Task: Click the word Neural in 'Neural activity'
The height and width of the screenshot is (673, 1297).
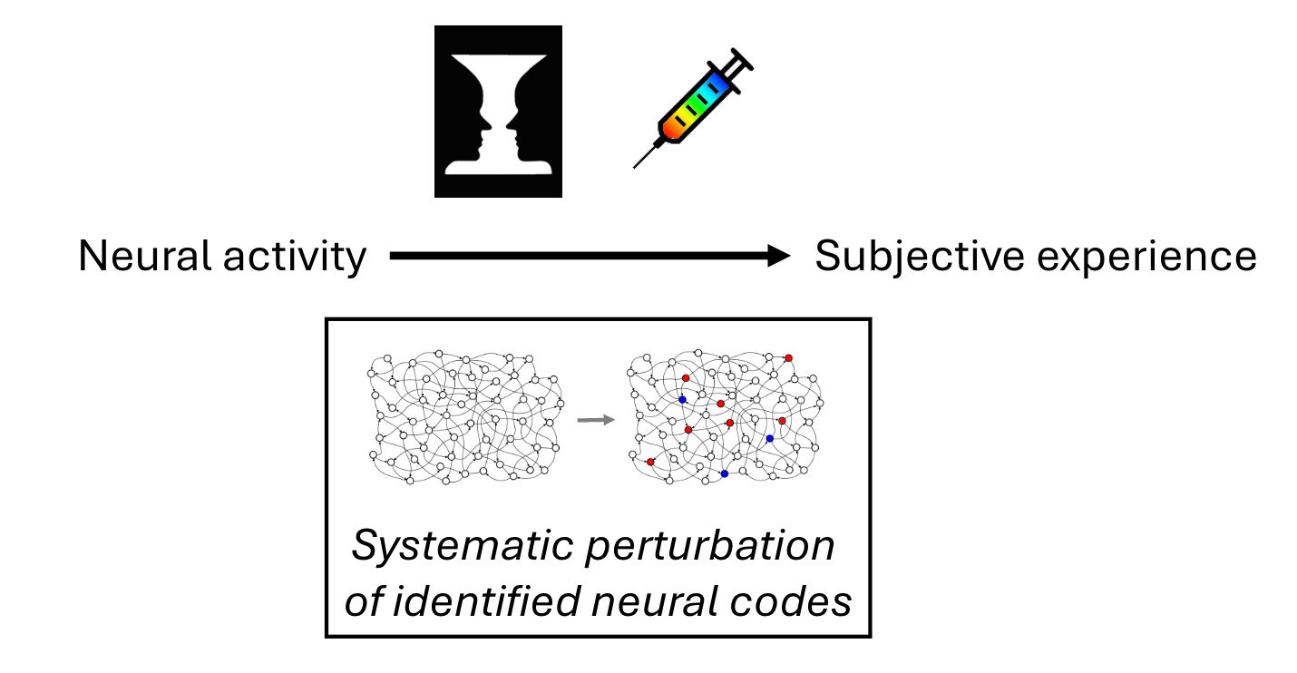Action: pyautogui.click(x=146, y=256)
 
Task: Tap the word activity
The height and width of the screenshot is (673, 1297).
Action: pyautogui.click(x=295, y=258)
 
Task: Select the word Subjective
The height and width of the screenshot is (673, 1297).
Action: pyautogui.click(x=920, y=258)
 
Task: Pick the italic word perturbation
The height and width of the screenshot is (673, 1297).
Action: pyautogui.click(x=710, y=547)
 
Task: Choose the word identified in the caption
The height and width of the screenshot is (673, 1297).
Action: pyautogui.click(x=486, y=600)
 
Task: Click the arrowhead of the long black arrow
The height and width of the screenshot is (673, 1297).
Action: pyautogui.click(x=778, y=256)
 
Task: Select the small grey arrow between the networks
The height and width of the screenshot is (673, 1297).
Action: pyautogui.click(x=596, y=420)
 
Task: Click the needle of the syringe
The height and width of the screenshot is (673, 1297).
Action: pyautogui.click(x=647, y=155)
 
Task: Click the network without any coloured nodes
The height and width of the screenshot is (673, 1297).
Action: pyautogui.click(x=466, y=417)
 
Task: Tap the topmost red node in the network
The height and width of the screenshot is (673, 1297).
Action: pyautogui.click(x=788, y=358)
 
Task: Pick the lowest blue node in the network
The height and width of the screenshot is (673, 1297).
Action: pyautogui.click(x=725, y=473)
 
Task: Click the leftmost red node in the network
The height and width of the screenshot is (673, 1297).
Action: pyautogui.click(x=650, y=463)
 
